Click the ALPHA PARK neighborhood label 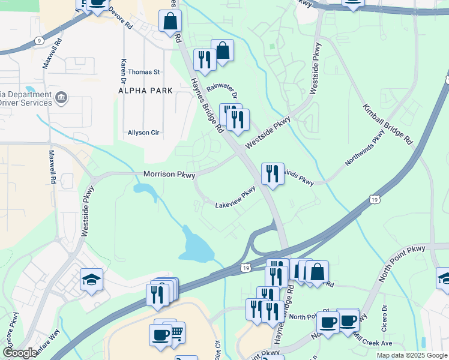coord(146,91)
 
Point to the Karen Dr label coord(124,71)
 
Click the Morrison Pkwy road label coord(169,175)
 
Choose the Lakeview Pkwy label coord(236,199)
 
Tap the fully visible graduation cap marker coord(91,280)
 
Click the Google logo coord(20,353)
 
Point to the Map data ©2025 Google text coord(411,355)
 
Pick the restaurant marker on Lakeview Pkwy coord(273,174)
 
